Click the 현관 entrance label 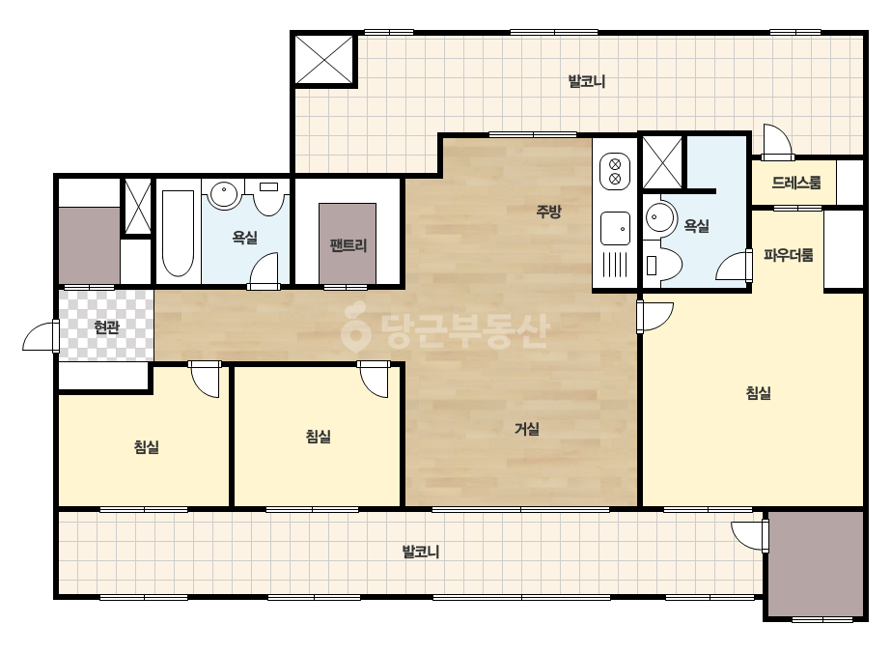106,327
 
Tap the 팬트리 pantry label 348,245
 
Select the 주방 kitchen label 549,212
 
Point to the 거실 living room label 527,428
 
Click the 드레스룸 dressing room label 796,183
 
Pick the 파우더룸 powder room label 788,255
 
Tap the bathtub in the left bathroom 178,233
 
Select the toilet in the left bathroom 268,197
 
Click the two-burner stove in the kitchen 615,172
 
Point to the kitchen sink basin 615,228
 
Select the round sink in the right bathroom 660,217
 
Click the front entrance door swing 41,337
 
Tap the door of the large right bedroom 654,317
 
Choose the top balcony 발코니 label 586,81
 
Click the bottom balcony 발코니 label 421,552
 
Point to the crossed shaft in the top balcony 324,59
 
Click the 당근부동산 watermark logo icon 355,328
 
